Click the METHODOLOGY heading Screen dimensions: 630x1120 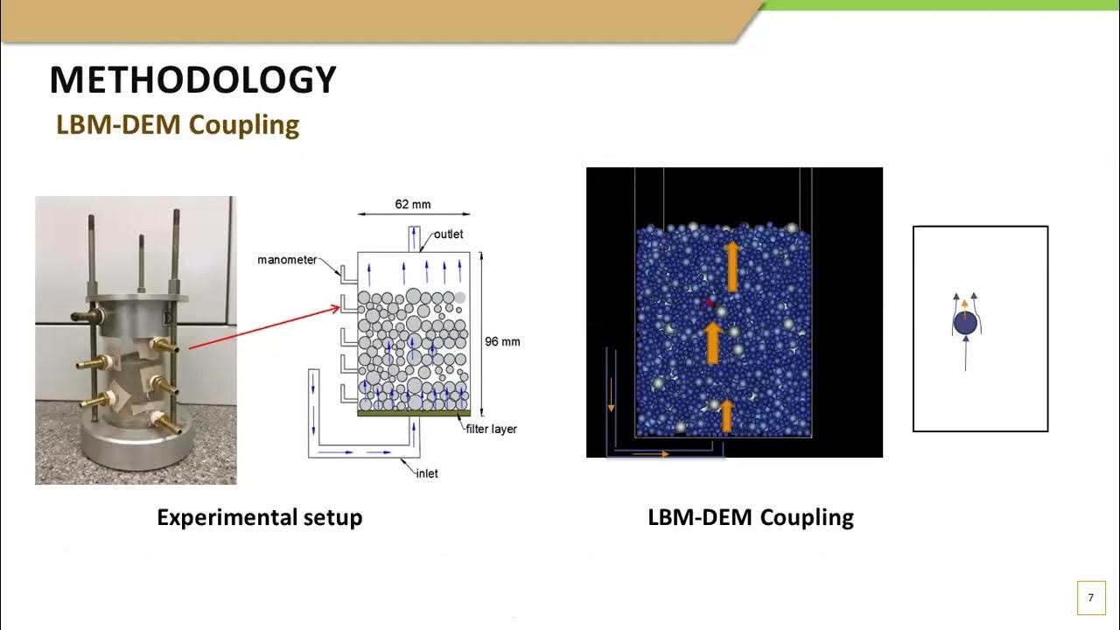pyautogui.click(x=192, y=80)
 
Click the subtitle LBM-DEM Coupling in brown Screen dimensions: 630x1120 pyautogui.click(x=178, y=124)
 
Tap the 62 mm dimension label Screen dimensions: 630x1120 pyautogui.click(x=413, y=205)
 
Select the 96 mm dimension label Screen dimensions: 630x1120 pyautogui.click(x=502, y=341)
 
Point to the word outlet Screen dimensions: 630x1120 pyautogui.click(x=448, y=234)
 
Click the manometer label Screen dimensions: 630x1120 pyautogui.click(x=287, y=260)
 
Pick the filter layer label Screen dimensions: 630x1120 pyautogui.click(x=491, y=429)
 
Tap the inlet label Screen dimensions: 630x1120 pyautogui.click(x=427, y=473)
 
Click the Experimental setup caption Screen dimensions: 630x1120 pyautogui.click(x=259, y=517)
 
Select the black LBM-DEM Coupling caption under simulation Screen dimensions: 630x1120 pyautogui.click(x=751, y=517)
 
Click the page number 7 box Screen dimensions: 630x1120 pyautogui.click(x=1090, y=598)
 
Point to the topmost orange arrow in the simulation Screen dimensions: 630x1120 pyautogui.click(x=732, y=266)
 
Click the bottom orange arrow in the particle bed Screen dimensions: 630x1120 pyautogui.click(x=725, y=416)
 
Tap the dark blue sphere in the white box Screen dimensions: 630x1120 pyautogui.click(x=964, y=324)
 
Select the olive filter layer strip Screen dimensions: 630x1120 pyautogui.click(x=415, y=412)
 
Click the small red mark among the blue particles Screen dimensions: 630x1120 pyautogui.click(x=709, y=302)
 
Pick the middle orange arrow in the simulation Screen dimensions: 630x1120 pyautogui.click(x=713, y=342)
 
